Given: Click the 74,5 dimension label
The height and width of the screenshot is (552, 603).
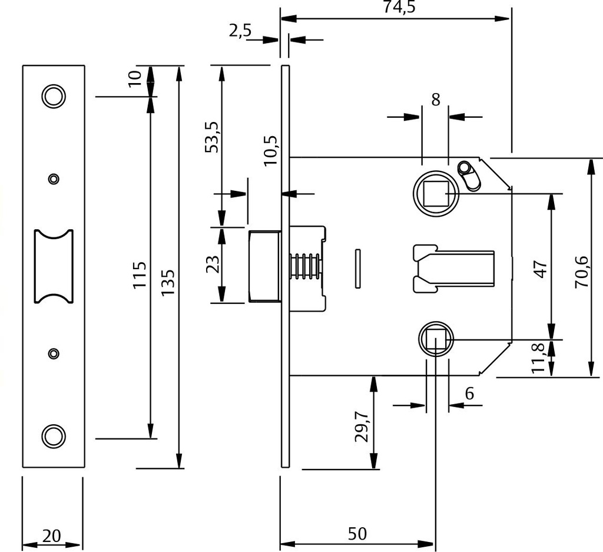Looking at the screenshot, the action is [x=400, y=6].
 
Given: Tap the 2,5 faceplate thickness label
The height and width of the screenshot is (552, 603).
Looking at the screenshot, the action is [x=240, y=31].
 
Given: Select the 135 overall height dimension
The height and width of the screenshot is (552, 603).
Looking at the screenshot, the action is [x=168, y=282].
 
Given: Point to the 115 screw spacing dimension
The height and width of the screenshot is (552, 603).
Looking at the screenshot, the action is [x=140, y=275].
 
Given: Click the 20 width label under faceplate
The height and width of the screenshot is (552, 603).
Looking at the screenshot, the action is [x=52, y=536].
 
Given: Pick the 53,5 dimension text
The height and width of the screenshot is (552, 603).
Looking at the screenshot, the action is [x=212, y=137].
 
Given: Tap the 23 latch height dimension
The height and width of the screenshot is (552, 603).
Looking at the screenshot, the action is [x=213, y=265].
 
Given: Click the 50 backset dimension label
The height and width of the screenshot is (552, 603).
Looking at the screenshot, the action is [x=357, y=534].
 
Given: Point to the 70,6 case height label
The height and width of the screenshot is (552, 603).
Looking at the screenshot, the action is [x=582, y=272].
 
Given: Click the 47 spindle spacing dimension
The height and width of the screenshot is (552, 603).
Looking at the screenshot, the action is [x=541, y=269].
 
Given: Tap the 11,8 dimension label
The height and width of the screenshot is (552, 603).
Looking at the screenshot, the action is [x=538, y=358].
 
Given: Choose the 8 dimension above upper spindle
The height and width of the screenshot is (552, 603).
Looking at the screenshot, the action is [x=435, y=100].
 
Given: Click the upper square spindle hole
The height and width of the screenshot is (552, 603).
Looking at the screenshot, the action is [x=436, y=193].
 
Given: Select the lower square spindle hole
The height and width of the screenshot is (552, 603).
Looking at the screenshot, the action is [x=436, y=339].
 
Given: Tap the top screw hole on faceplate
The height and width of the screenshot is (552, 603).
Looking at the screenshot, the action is [x=54, y=96].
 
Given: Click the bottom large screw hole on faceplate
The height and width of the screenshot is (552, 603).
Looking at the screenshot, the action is [x=54, y=436].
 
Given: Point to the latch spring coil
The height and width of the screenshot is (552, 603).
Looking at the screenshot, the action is [x=304, y=266].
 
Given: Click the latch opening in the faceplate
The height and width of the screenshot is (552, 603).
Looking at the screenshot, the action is [x=54, y=267].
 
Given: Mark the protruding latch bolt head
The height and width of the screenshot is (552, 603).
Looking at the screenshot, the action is [x=264, y=266].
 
